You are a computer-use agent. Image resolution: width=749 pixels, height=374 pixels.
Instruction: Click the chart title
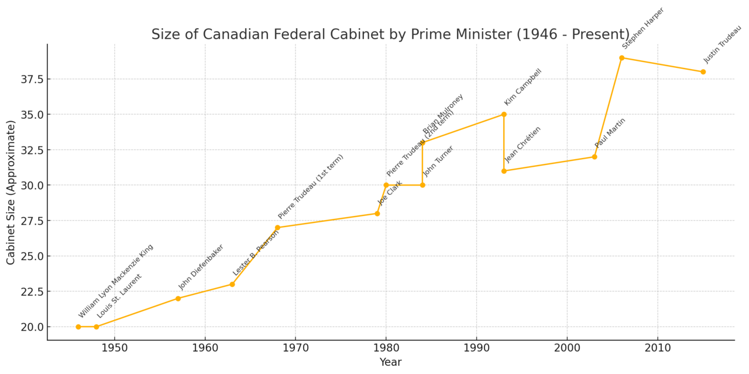(390, 35)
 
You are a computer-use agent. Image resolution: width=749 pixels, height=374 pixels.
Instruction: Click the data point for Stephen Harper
(621, 58)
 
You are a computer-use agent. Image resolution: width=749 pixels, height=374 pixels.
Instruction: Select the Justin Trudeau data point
(703, 72)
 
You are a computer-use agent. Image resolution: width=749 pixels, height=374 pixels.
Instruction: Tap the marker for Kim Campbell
(504, 114)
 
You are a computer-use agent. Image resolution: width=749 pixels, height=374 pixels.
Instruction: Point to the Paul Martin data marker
(595, 157)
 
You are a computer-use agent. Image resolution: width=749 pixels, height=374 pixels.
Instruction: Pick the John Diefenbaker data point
(178, 298)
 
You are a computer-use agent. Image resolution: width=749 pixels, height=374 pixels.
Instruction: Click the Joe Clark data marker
(377, 214)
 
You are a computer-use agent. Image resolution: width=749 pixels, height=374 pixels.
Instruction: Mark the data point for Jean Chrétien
(504, 171)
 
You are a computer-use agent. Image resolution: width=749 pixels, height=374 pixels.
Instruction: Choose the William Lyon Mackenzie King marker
(78, 327)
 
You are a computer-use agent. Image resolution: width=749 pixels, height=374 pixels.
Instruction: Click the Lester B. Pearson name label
(256, 252)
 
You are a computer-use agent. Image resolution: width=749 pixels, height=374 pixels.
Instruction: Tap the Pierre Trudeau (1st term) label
(311, 187)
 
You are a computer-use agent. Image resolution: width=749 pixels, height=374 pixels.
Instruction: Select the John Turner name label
(438, 162)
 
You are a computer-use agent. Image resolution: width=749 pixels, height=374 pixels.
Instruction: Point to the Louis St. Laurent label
(119, 296)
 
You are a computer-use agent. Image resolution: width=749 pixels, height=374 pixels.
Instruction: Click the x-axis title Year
(390, 362)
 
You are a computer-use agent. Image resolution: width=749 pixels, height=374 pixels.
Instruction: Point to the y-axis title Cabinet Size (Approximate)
(11, 192)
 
